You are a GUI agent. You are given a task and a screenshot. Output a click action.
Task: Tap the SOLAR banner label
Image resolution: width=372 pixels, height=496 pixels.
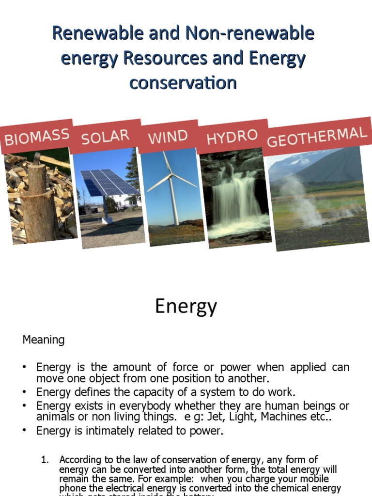coord(105,137)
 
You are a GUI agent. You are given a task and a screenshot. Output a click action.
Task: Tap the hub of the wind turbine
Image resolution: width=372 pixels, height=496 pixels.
coord(171,176)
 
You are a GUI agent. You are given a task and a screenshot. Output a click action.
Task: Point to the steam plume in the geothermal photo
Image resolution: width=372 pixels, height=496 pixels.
coord(300,199)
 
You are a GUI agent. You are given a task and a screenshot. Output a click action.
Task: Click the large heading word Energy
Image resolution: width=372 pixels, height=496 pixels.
coord(186,307)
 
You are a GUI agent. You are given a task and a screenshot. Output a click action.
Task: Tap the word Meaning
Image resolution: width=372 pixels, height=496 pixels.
coord(44,340)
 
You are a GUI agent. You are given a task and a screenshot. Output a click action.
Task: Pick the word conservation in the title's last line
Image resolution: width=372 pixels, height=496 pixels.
coord(183,83)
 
